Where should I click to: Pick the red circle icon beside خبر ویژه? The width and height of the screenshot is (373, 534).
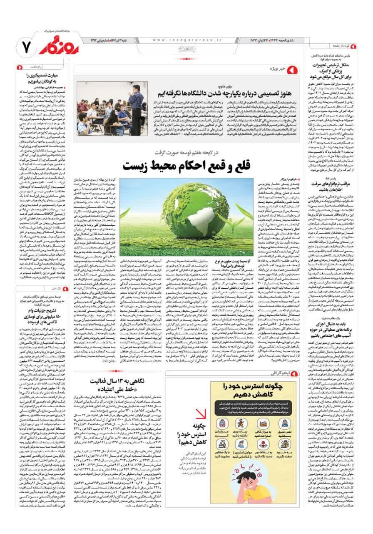[291, 68]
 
